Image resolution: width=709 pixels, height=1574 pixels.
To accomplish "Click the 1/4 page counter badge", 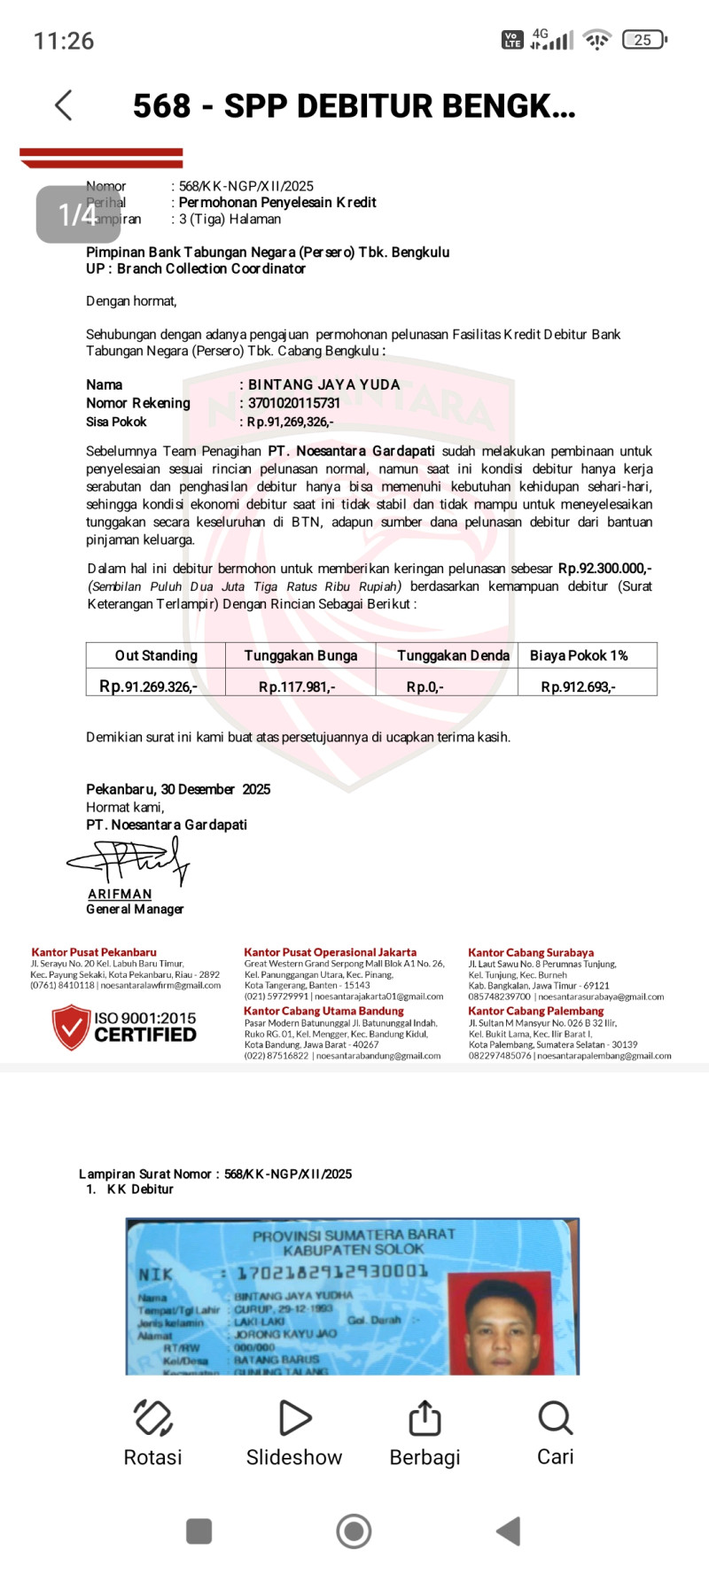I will (x=78, y=214).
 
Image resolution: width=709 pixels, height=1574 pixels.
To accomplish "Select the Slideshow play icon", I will (x=294, y=1418).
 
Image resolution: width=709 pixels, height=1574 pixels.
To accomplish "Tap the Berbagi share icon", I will (x=425, y=1418).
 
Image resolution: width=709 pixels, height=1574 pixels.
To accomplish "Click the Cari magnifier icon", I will (x=556, y=1418).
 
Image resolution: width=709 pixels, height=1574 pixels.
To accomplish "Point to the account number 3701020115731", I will (x=294, y=403).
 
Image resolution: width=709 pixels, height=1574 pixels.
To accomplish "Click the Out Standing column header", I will (x=156, y=655).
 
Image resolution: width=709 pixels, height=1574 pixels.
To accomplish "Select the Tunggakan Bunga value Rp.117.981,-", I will (x=297, y=687).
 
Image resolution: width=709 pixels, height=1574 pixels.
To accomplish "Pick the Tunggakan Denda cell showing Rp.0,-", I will (x=425, y=687).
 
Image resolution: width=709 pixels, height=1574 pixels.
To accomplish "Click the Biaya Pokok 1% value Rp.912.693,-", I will (x=579, y=687).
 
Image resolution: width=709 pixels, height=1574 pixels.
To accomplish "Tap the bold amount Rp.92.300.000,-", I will (x=605, y=569).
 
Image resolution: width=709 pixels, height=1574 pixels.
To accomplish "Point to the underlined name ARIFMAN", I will (x=120, y=895).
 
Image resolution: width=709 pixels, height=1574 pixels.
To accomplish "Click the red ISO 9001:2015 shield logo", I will (x=71, y=1027).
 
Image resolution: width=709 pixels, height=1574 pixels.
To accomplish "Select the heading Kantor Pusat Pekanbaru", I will (x=94, y=952).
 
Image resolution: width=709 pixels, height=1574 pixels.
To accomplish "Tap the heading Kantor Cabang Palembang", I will (x=536, y=1011).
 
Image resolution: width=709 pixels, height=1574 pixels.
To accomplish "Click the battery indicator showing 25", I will (x=644, y=40).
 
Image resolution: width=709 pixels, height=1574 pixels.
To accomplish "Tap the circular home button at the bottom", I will (x=354, y=1531).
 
